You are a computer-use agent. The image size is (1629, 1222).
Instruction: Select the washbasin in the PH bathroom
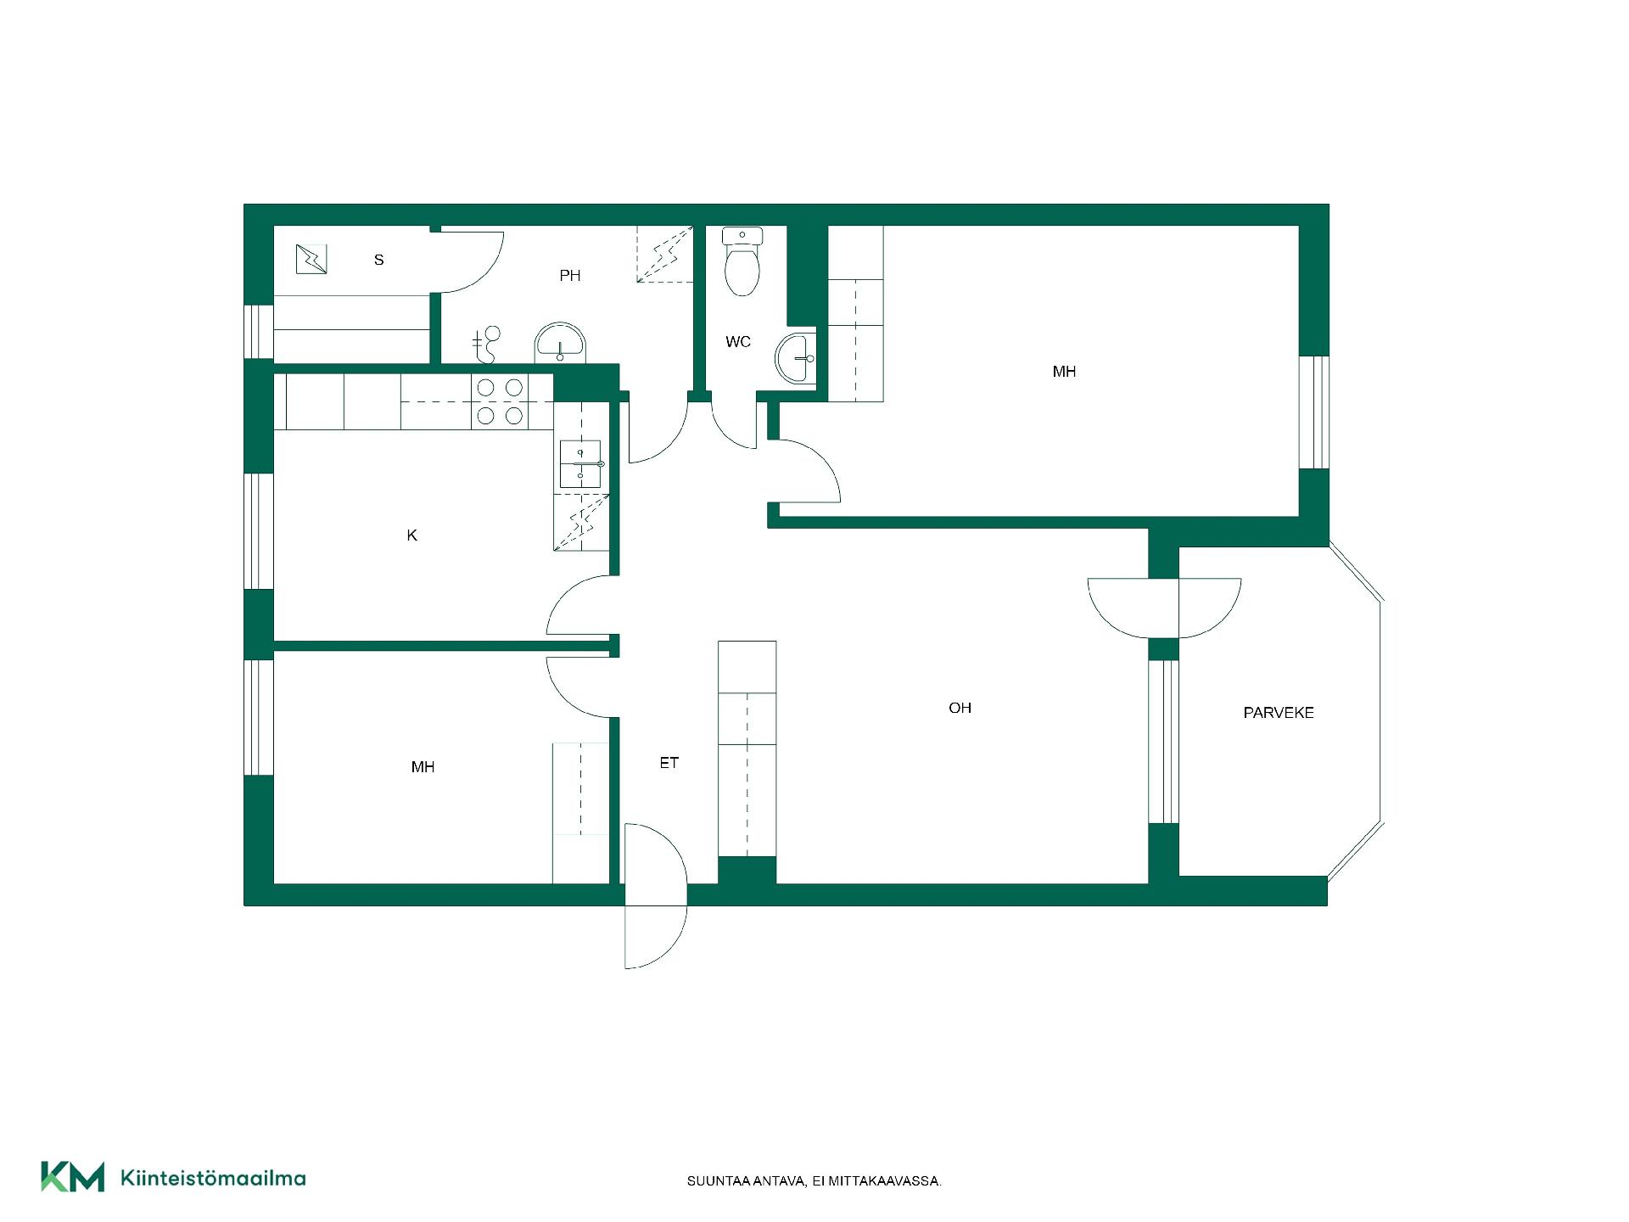560,343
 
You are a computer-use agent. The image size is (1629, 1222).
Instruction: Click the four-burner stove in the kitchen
500,401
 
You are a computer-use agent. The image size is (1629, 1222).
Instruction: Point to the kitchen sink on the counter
581,464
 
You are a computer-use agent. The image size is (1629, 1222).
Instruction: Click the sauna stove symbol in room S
311,259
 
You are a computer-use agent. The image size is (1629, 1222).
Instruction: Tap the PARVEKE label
1279,713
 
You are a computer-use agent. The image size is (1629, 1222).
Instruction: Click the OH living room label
960,708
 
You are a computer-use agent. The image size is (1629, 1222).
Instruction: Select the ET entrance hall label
669,763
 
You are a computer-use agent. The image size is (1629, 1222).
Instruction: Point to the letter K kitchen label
412,535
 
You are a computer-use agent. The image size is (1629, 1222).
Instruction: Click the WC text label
738,342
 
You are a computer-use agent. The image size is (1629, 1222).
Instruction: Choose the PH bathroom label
570,275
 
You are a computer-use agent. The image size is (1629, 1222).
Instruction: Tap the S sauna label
379,260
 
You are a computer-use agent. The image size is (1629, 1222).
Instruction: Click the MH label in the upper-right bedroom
1064,372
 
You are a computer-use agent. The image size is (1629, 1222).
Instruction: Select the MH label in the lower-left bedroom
423,767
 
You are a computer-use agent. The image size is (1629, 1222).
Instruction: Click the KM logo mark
73,1177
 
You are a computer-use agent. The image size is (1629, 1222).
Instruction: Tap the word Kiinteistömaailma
213,1178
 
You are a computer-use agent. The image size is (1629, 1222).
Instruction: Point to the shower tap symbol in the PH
487,345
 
